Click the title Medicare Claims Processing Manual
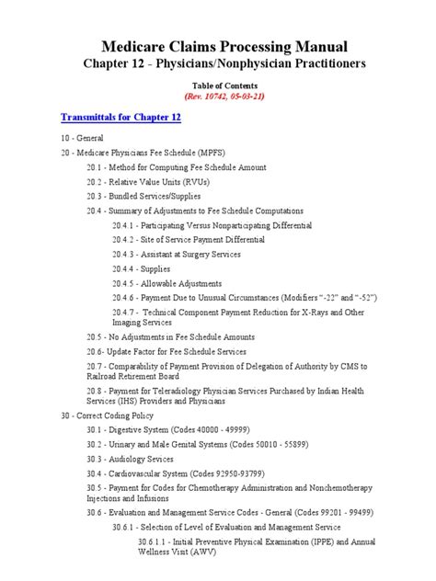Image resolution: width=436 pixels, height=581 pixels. coord(217,46)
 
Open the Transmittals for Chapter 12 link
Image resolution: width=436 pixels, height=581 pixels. coord(120,118)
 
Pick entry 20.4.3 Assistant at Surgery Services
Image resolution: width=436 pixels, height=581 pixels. coord(189,254)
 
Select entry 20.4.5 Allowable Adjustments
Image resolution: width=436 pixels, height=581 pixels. coord(178,283)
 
